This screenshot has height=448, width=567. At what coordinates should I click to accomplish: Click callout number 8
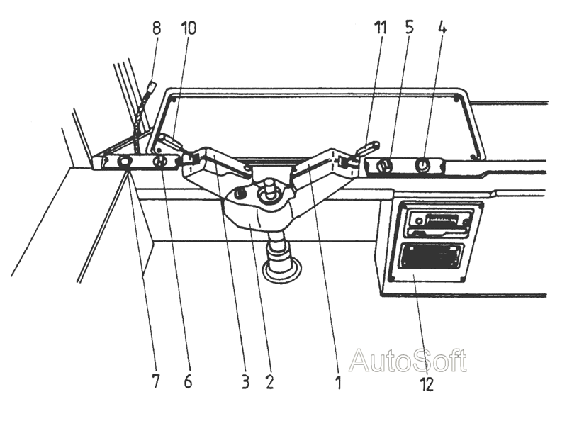coord(157,28)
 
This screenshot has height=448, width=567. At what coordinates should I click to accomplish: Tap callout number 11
coord(380,28)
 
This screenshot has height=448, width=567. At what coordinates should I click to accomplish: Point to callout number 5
coord(410,28)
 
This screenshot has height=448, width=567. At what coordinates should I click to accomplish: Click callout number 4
coord(442,28)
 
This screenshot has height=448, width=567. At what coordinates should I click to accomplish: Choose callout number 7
coord(155,381)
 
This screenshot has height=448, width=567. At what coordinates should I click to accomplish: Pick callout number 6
coord(188,381)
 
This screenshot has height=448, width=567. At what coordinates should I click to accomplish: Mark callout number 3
coord(245,381)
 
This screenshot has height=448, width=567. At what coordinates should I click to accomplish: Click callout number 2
coord(270,381)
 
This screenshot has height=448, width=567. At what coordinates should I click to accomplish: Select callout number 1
coord(339,382)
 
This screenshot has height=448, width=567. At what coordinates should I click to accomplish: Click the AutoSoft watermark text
coord(408,360)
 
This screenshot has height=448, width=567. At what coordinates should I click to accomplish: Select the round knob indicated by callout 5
coord(384,167)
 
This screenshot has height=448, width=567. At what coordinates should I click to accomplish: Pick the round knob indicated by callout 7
coord(125,162)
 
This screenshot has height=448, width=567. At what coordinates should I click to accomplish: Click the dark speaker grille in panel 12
coord(431,257)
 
